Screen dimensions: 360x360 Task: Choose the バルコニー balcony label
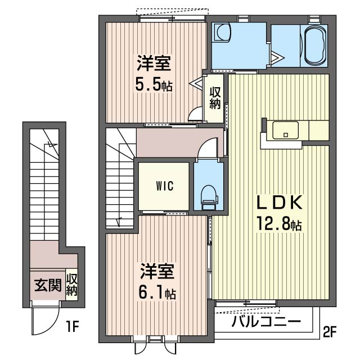265,322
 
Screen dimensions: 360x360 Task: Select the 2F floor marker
329,332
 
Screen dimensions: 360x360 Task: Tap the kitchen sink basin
286,130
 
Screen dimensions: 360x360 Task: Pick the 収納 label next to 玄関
72,285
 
